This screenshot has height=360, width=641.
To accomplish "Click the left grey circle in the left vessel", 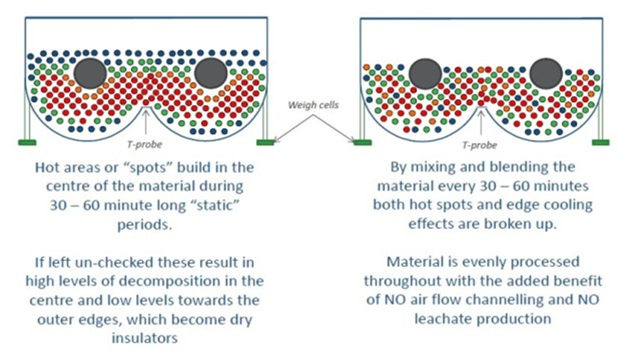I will [90, 73].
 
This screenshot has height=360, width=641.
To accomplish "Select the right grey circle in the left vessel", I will [211, 73].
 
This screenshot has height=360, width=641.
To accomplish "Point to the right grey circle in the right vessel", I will [545, 73].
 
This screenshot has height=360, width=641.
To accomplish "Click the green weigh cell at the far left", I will [28, 142].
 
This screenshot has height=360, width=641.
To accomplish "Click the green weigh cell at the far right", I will [600, 142].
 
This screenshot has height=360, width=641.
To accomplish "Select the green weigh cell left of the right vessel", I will [362, 142].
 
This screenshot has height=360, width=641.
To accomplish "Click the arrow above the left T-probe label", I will [146, 121].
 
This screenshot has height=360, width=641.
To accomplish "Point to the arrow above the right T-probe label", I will [480, 121].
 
